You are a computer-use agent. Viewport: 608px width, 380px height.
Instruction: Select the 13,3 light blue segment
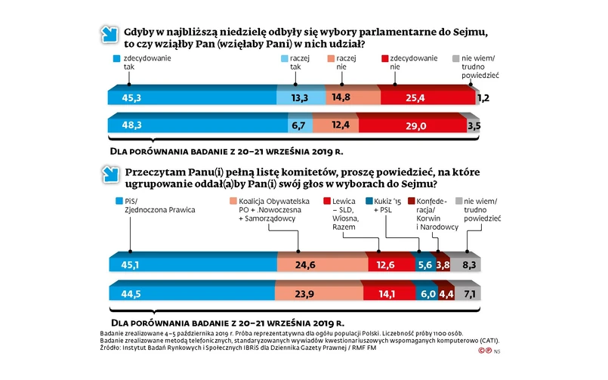pos(301,97)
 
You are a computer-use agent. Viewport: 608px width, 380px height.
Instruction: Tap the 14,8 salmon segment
pos(352,97)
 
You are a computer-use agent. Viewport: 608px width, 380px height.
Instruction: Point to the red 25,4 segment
pos(427,97)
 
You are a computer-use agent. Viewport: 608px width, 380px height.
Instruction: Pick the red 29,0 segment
pos(413,124)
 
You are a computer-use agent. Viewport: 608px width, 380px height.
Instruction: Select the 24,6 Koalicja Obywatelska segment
pos(323,264)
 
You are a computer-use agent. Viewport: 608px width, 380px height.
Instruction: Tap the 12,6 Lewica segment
pos(392,264)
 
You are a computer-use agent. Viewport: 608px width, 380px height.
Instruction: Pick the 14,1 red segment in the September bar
pos(386,292)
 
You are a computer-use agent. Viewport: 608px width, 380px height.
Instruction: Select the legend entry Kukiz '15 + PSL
pos(390,205)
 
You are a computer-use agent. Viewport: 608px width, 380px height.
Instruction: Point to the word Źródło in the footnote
pos(111,348)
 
